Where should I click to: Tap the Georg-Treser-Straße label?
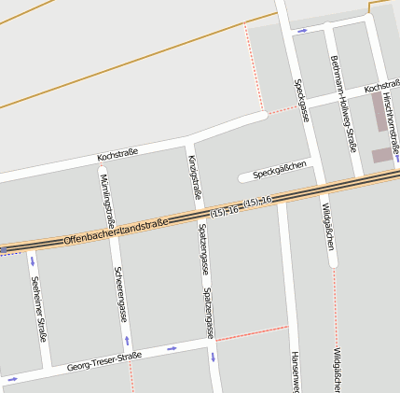tap(103, 361)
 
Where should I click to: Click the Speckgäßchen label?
tap(280, 170)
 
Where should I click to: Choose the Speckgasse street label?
tap(301, 101)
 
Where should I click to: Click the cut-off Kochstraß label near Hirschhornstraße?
tap(382, 86)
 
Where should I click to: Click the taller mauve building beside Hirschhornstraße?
tap(378, 111)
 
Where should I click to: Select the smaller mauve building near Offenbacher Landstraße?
tap(381, 155)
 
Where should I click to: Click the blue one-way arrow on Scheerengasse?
tap(127, 340)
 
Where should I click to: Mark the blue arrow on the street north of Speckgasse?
tap(302, 30)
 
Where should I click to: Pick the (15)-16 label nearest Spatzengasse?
tap(225, 213)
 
